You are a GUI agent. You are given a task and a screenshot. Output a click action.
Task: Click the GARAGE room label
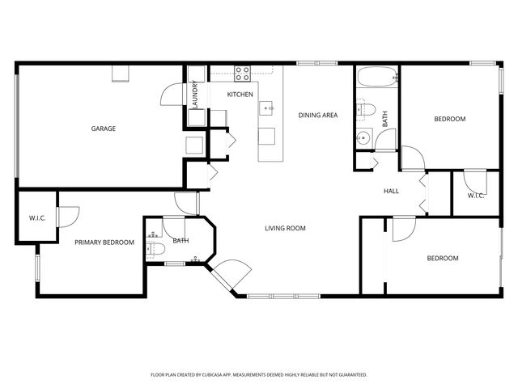coord(103,129)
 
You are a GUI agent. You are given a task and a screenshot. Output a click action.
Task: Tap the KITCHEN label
coord(240,95)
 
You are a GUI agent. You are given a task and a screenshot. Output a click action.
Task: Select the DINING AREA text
coord(318,116)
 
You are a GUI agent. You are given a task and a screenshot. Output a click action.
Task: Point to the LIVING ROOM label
coord(285,228)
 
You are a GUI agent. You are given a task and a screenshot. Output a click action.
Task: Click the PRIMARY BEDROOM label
coord(104,242)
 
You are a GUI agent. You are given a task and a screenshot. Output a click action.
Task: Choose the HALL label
coord(392,191)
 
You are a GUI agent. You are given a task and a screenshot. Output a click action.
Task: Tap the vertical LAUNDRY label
coord(196,95)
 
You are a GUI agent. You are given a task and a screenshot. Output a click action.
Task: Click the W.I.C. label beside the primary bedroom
coord(37,217)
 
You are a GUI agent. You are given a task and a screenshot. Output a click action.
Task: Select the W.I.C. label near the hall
coord(476,195)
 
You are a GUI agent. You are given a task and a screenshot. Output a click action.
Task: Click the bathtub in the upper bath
coord(377,79)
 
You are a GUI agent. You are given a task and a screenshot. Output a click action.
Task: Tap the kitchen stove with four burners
coord(242,74)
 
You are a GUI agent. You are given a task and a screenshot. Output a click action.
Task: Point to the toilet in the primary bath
coord(157,248)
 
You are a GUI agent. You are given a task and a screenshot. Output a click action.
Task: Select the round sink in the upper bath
coord(363,138)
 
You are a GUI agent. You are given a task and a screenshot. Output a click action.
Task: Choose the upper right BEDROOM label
coord(450,120)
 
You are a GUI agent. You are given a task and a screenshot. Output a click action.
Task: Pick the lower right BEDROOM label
coord(443,259)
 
